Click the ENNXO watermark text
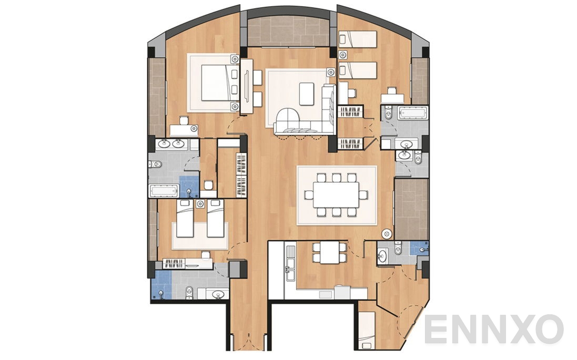(x=493, y=330)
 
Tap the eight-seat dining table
(x=337, y=195)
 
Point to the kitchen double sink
(x=289, y=271)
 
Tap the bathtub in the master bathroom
(x=165, y=190)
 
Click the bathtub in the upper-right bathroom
(x=412, y=112)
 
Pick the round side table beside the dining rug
(x=387, y=232)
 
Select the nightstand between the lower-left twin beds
(x=200, y=203)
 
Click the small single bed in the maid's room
(x=367, y=329)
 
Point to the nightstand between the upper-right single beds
(x=343, y=54)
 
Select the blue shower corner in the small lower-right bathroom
(x=419, y=248)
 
